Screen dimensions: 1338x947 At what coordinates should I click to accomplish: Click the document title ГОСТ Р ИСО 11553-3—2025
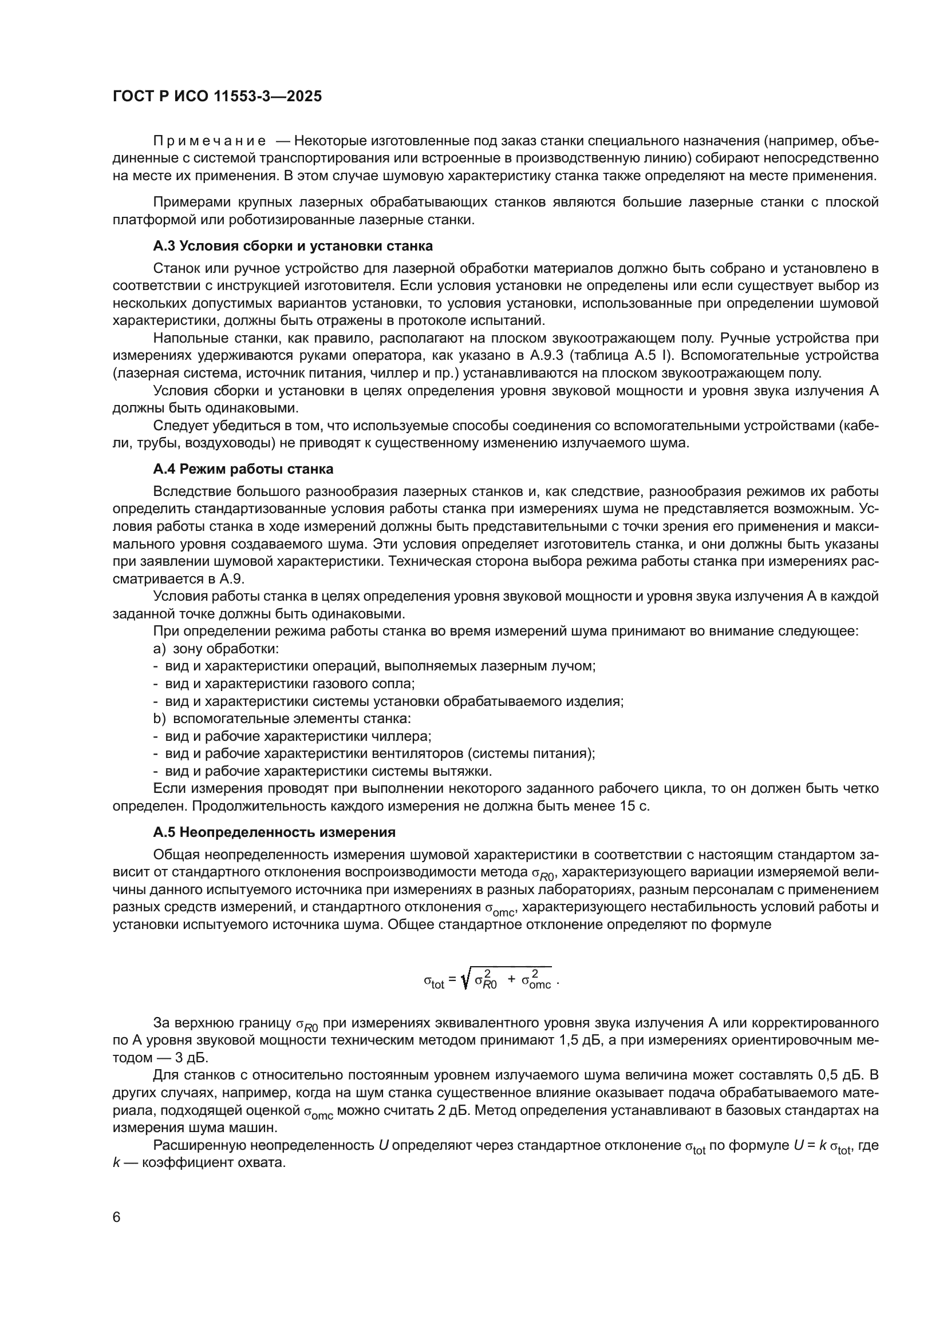(217, 97)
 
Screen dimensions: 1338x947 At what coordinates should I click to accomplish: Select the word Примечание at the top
(210, 141)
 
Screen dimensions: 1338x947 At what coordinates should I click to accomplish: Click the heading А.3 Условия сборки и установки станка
(293, 246)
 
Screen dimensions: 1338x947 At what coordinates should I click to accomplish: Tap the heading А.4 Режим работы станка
(243, 469)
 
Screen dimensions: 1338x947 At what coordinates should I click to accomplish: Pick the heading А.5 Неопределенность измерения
(274, 832)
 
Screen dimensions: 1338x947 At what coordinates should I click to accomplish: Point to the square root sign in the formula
(465, 982)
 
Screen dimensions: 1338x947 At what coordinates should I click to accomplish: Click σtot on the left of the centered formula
(434, 983)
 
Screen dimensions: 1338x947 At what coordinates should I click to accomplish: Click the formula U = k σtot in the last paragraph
(823, 1146)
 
